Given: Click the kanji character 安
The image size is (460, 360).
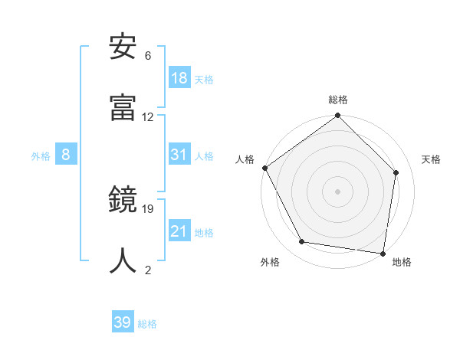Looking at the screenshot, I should pyautogui.click(x=123, y=47).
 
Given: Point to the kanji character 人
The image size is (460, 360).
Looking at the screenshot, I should pyautogui.click(x=123, y=260).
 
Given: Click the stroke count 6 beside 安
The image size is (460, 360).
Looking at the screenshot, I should pyautogui.click(x=148, y=56).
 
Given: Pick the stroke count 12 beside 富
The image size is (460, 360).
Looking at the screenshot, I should pyautogui.click(x=148, y=117).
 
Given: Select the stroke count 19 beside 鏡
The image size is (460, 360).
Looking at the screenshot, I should pyautogui.click(x=148, y=208).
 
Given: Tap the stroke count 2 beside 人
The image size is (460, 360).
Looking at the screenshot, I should pyautogui.click(x=148, y=270).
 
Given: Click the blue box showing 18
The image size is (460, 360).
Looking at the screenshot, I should pyautogui.click(x=179, y=78).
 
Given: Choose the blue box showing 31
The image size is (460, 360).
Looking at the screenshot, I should pyautogui.click(x=179, y=155).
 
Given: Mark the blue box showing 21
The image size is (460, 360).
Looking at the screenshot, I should pyautogui.click(x=179, y=231).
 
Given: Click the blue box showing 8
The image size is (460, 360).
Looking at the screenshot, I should pyautogui.click(x=66, y=155).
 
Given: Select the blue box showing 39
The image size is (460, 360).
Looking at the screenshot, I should pyautogui.click(x=123, y=322).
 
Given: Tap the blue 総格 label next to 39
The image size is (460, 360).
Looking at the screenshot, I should pyautogui.click(x=147, y=324).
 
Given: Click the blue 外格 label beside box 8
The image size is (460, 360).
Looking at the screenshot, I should pyautogui.click(x=41, y=156).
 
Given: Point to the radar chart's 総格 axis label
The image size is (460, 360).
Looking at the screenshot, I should pyautogui.click(x=338, y=100).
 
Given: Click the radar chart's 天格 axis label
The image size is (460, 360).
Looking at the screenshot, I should pyautogui.click(x=431, y=159).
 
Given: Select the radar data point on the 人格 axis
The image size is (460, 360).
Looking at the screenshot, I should pyautogui.click(x=265, y=168).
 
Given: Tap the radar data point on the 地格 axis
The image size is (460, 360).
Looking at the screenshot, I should pyautogui.click(x=383, y=253).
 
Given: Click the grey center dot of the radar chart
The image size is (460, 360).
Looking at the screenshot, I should pyautogui.click(x=338, y=191).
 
